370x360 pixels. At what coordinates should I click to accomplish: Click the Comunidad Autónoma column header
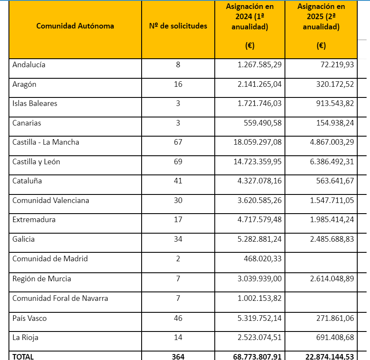click(75, 26)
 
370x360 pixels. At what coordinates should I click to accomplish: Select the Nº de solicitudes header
click(178, 26)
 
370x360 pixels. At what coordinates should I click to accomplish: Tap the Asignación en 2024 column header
click(250, 17)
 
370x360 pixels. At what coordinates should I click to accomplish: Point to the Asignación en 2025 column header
click(321, 17)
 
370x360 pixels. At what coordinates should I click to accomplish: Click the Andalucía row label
click(29, 65)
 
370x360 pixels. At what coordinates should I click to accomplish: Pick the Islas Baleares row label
click(35, 103)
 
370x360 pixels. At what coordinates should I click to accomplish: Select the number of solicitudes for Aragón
click(178, 84)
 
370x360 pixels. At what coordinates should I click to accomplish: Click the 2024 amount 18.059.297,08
click(257, 142)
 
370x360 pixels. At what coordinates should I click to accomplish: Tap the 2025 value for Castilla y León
click(332, 162)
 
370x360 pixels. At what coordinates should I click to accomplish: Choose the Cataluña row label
click(27, 181)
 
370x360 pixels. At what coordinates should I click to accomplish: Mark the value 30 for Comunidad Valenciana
click(178, 200)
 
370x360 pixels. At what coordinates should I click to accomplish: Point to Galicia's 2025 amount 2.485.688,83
click(332, 239)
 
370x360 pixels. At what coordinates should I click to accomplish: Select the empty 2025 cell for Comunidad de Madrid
click(321, 259)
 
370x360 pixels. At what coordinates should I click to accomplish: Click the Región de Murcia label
click(42, 279)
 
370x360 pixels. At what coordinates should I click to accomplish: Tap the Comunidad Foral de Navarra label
click(60, 298)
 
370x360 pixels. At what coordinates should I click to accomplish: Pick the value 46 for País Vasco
click(178, 318)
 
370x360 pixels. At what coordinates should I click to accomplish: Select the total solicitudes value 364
click(178, 357)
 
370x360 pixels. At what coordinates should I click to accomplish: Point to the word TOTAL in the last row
click(23, 357)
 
